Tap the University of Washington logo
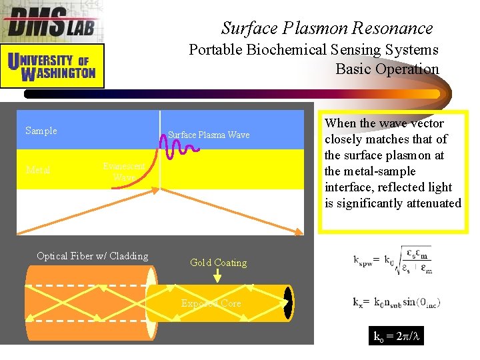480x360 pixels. coord(52,66)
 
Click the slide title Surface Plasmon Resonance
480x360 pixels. coord(327,28)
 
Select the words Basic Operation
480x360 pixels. coord(387,69)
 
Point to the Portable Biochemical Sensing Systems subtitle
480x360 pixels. coord(313,50)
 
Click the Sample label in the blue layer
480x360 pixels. coord(41,131)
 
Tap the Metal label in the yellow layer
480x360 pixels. coord(38,170)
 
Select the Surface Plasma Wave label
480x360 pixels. coord(209,135)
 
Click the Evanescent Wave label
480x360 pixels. coord(123,172)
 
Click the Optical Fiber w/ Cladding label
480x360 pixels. coord(93,256)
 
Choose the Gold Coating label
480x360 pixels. coord(218,263)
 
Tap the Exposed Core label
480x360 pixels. coord(211,303)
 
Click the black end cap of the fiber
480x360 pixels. coord(288,303)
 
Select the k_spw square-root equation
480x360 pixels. coord(393,259)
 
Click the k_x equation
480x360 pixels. coord(397,302)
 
